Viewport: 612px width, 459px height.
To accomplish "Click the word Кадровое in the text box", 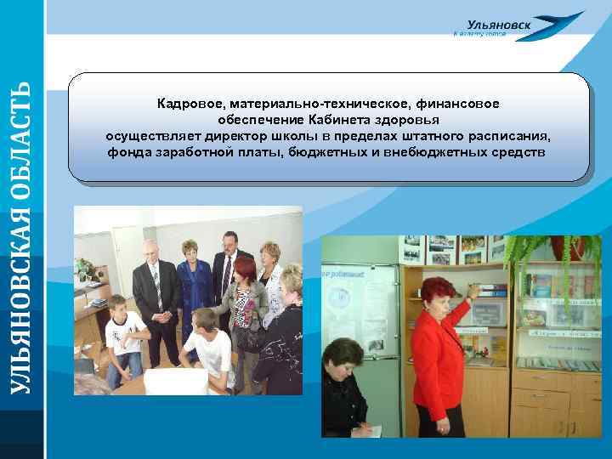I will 187,104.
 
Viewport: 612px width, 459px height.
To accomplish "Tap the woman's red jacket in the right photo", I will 435,357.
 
